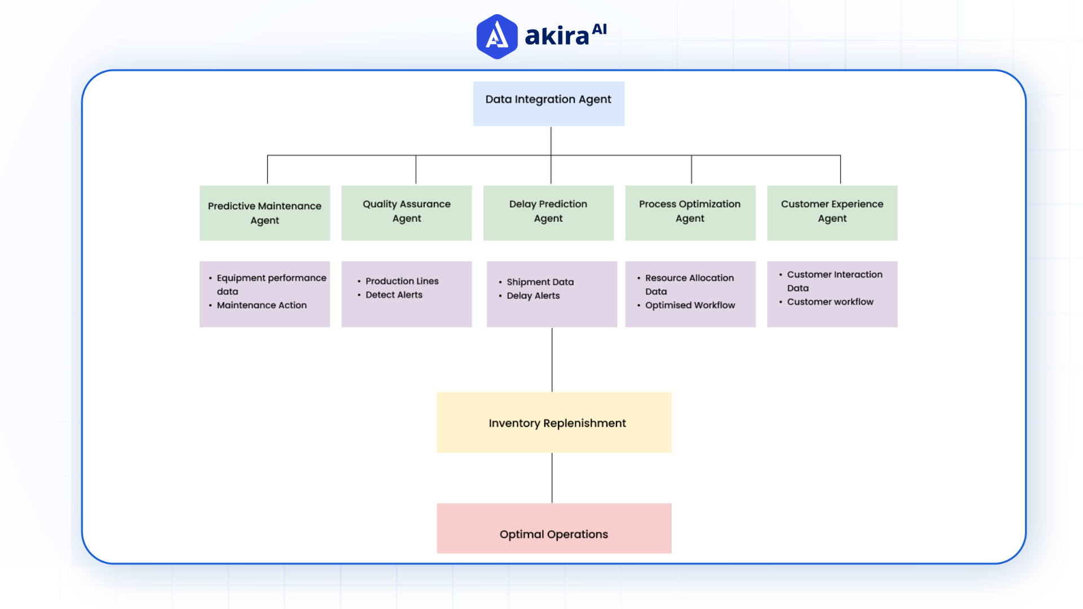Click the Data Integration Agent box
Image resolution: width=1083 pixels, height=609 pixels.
click(x=548, y=103)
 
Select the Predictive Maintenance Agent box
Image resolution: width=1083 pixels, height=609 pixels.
click(x=265, y=213)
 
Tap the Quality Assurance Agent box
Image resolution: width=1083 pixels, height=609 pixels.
click(x=406, y=213)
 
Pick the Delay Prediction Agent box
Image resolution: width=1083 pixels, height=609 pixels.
click(x=548, y=213)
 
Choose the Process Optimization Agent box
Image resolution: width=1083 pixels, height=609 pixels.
click(x=690, y=213)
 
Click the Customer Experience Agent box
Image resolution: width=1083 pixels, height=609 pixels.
click(x=832, y=213)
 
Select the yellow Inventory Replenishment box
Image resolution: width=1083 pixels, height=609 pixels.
click(x=554, y=422)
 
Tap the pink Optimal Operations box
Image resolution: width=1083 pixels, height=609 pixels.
click(x=554, y=528)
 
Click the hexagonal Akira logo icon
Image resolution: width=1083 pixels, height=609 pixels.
click(x=496, y=37)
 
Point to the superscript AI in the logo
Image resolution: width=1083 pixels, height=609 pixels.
click(x=599, y=29)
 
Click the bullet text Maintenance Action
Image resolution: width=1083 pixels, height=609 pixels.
click(x=262, y=305)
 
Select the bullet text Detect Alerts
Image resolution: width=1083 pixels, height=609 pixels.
click(x=394, y=295)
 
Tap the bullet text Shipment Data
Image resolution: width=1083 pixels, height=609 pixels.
click(x=540, y=282)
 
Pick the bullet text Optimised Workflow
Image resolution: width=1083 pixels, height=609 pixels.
click(x=690, y=305)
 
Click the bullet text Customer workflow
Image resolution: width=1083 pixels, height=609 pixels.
click(x=830, y=302)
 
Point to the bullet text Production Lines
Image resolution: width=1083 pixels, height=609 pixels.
click(x=402, y=281)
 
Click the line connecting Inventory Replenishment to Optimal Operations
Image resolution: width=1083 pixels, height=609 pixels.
click(x=552, y=478)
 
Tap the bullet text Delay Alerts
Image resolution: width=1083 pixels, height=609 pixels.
click(x=533, y=295)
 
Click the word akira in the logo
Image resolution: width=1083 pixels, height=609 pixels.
click(x=557, y=36)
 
